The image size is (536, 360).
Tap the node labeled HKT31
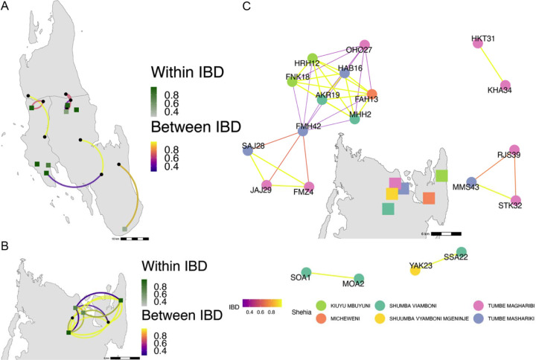coord(478,44)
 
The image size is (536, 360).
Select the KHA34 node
coord(506,86)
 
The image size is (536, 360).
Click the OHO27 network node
coord(365,45)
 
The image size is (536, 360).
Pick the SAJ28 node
coord(248,151)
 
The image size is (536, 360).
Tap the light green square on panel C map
coord(441,176)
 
